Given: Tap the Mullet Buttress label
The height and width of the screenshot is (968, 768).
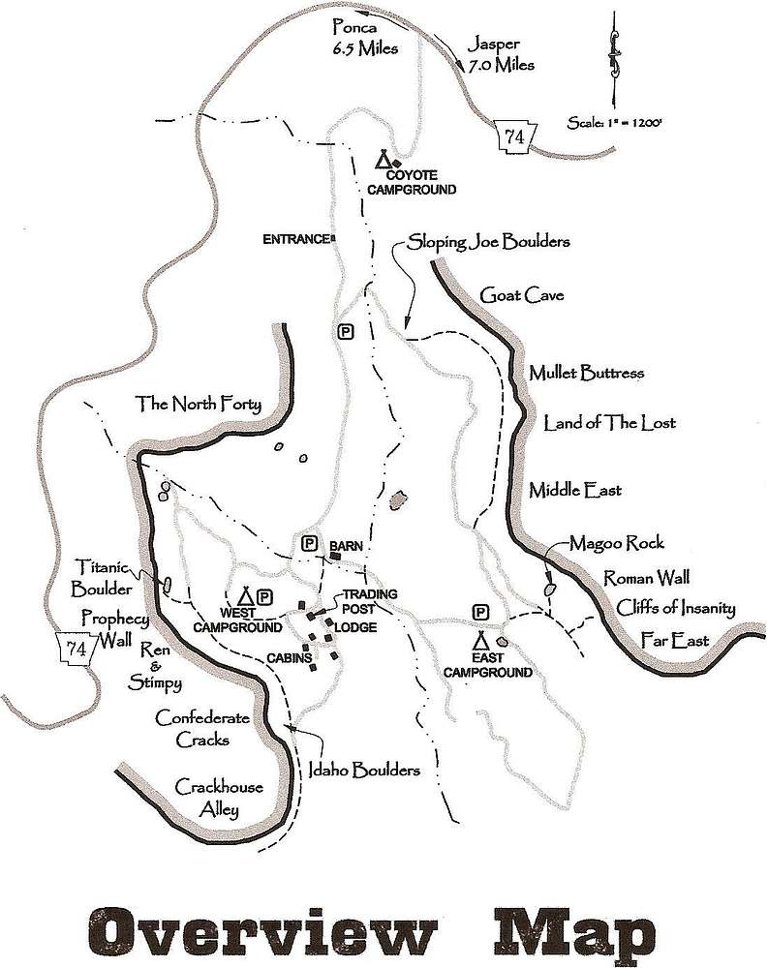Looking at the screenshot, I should coord(586,373).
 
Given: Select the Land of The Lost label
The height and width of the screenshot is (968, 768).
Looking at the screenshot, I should coord(609,423).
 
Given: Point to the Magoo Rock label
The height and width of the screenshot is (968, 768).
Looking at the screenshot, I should coord(617,543).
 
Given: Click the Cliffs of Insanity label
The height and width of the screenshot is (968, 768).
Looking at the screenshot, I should coord(675,609).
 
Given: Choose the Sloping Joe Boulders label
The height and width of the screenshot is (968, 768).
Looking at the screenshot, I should coord(488,241).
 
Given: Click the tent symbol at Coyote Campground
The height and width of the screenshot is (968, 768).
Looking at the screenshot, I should coord(384,160).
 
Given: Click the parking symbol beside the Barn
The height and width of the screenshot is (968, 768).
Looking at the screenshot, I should coord(310,544).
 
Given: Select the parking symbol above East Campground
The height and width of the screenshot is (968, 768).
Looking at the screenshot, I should coord(479,612).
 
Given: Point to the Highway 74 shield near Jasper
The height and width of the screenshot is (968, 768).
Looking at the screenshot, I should coord(513,136).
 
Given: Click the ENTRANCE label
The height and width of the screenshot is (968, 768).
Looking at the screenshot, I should coord(297,239).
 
